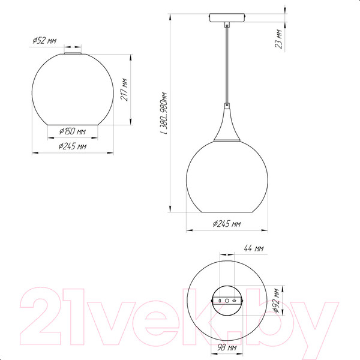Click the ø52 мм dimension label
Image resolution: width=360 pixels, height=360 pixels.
click(x=44, y=41)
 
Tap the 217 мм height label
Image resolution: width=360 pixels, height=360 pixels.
click(x=124, y=89)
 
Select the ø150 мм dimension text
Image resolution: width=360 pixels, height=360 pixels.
click(x=73, y=131)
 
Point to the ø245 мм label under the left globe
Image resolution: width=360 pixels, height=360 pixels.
click(x=73, y=146)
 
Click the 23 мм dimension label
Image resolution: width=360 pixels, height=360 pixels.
click(x=278, y=39)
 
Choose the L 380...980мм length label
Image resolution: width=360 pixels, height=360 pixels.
click(x=164, y=113)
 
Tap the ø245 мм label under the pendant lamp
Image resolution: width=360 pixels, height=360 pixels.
click(x=227, y=223)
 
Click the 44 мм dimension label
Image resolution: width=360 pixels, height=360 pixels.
click(x=253, y=248)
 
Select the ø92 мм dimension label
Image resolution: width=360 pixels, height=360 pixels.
click(x=277, y=301)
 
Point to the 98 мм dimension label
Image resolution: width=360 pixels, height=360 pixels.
click(x=227, y=347)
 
